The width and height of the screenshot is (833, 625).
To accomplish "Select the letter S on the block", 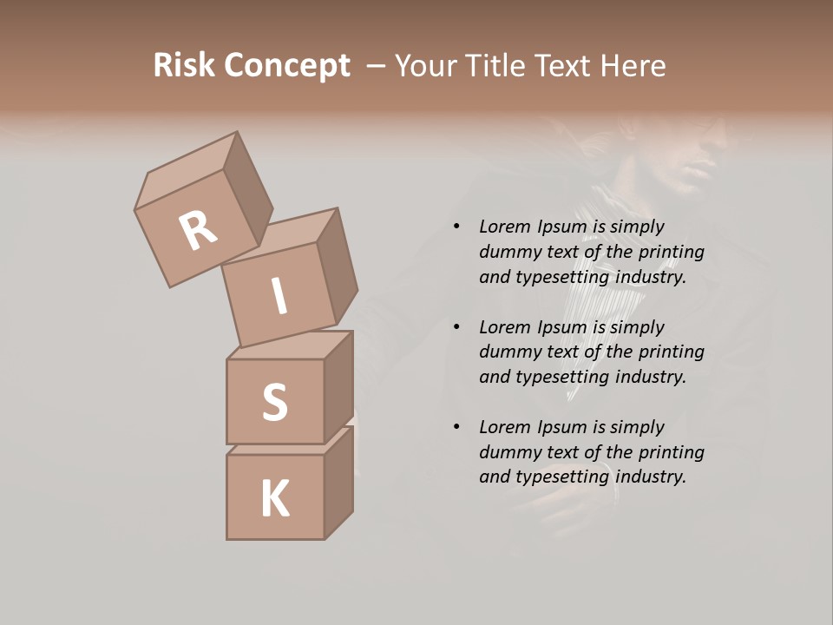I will (274, 401).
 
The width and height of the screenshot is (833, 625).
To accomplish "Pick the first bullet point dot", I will (456, 227).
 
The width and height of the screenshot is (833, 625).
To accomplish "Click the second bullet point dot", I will (456, 327).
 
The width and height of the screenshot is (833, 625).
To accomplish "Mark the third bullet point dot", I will (456, 427).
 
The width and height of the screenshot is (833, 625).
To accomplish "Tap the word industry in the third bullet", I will (650, 477).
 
